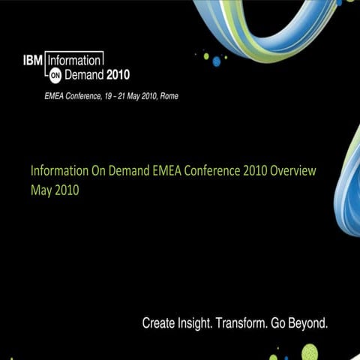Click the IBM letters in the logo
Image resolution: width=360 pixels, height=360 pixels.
pyautogui.click(x=33, y=59)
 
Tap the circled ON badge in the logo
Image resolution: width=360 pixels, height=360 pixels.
pyautogui.click(x=55, y=76)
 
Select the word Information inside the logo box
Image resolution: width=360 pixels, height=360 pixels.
pyautogui.click(x=74, y=59)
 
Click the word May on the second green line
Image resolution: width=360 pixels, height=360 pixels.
pyautogui.click(x=41, y=190)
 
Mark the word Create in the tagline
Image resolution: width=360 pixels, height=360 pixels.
pyautogui.click(x=160, y=324)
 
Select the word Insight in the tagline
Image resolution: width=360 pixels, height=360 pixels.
pyautogui.click(x=196, y=324)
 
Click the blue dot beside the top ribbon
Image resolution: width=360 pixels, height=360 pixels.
pyautogui.click(x=217, y=60)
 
